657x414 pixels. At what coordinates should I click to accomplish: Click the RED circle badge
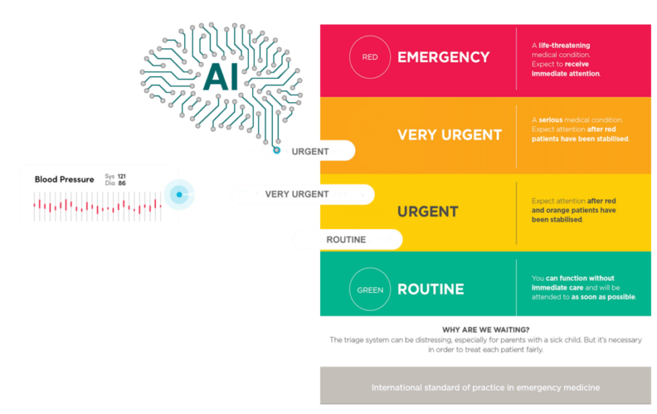(x=370, y=57)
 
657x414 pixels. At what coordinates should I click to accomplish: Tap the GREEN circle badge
(x=370, y=290)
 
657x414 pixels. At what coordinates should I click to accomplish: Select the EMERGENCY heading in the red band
(x=443, y=57)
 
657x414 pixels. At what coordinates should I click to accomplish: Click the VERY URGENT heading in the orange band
(x=449, y=135)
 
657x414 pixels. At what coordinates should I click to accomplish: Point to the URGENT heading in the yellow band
(x=428, y=212)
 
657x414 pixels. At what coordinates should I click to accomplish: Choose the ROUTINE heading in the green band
(x=431, y=290)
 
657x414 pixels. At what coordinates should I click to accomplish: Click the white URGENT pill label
(x=310, y=152)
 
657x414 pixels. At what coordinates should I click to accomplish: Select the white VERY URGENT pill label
(x=297, y=194)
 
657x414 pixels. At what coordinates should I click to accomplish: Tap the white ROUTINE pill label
(x=346, y=240)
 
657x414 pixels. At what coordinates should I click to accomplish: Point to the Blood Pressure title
(x=64, y=180)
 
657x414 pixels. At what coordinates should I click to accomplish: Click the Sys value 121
(x=121, y=177)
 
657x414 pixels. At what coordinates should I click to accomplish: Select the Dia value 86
(x=121, y=183)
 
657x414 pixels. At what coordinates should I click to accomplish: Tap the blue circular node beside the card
(x=180, y=194)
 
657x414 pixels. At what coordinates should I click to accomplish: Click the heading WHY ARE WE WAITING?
(x=485, y=329)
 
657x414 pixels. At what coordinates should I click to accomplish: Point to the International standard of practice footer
(x=485, y=387)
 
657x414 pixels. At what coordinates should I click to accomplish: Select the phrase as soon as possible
(x=603, y=297)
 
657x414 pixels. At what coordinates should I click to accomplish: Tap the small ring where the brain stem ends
(x=276, y=149)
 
